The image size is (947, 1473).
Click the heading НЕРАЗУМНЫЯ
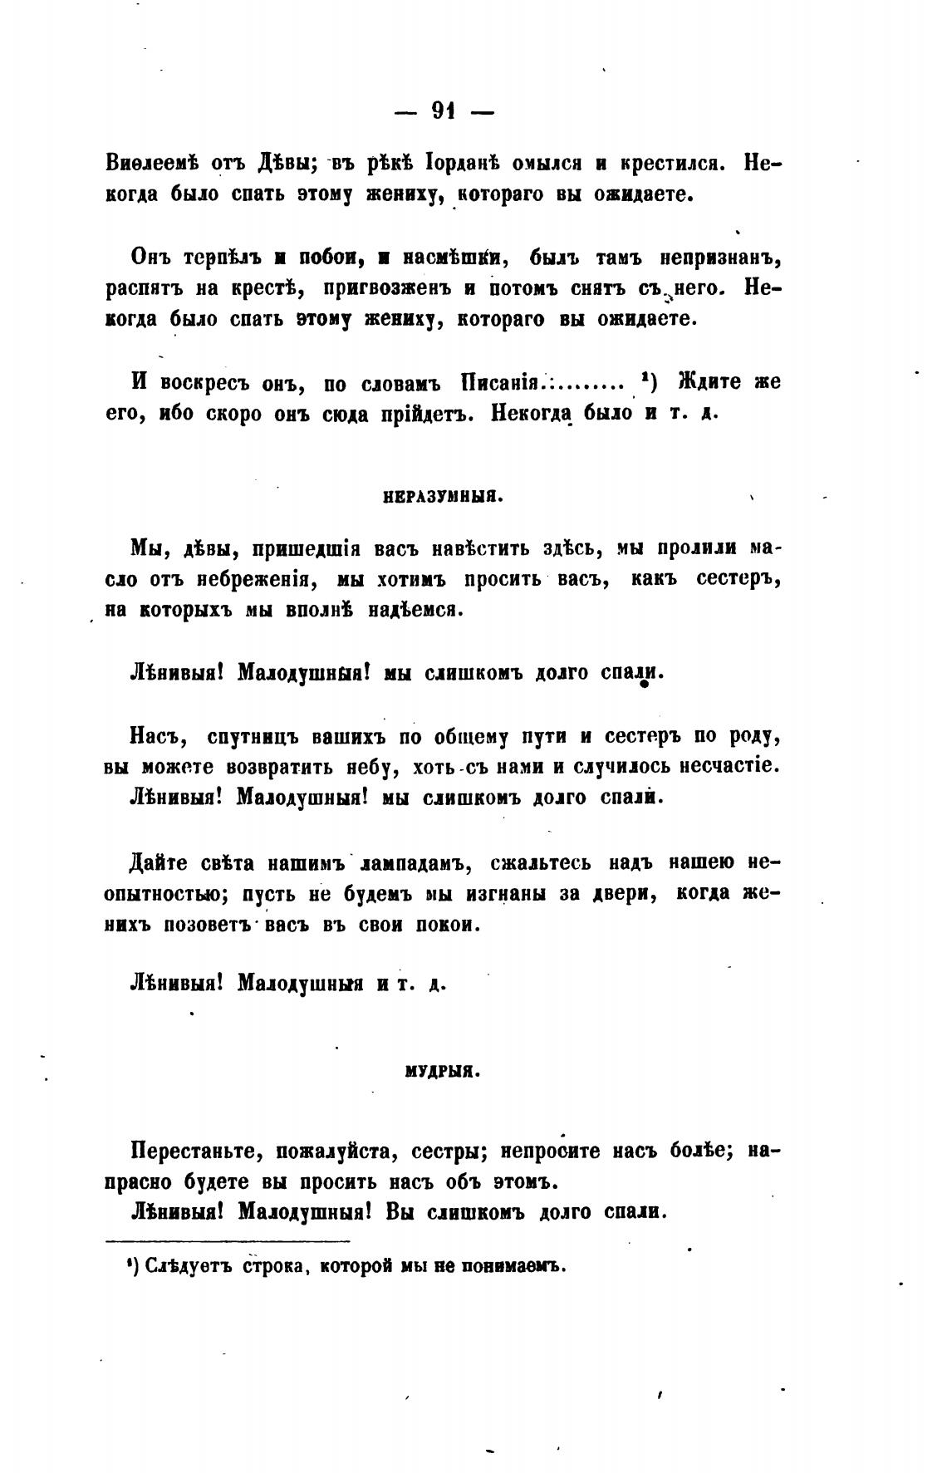point(439,498)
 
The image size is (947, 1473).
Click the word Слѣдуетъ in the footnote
point(179,1267)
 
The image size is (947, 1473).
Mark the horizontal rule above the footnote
point(228,1242)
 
